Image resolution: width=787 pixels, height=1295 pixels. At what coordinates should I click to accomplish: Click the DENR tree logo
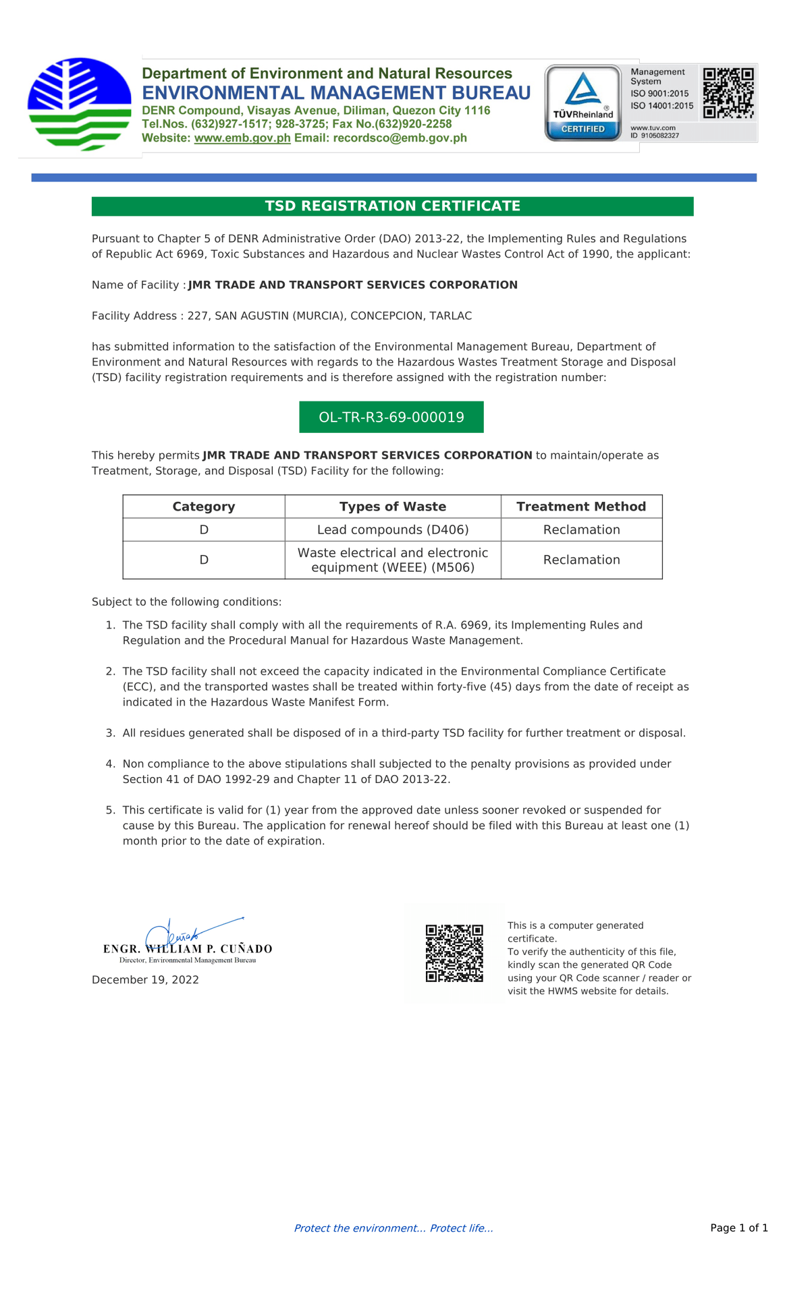pyautogui.click(x=80, y=104)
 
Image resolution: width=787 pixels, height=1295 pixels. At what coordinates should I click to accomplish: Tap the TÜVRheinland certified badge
pyautogui.click(x=583, y=103)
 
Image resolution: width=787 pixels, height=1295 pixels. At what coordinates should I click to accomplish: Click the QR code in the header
pyautogui.click(x=728, y=92)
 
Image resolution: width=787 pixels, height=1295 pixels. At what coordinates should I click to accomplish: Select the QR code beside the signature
pyautogui.click(x=454, y=953)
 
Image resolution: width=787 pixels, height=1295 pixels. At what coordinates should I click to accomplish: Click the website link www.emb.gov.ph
pyautogui.click(x=242, y=138)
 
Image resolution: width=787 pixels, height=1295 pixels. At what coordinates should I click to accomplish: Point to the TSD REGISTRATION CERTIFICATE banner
pyautogui.click(x=392, y=206)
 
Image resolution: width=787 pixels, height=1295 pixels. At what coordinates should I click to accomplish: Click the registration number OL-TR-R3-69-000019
pyautogui.click(x=391, y=418)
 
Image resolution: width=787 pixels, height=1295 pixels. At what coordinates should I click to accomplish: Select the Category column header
pyautogui.click(x=204, y=507)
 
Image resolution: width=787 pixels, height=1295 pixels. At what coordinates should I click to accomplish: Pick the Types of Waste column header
pyautogui.click(x=393, y=507)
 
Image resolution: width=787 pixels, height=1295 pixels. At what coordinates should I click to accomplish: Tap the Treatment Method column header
pyautogui.click(x=581, y=507)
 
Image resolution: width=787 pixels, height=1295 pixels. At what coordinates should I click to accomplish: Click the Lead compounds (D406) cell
pyautogui.click(x=393, y=529)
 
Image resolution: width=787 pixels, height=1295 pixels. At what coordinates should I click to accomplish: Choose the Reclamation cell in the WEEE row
pyautogui.click(x=581, y=560)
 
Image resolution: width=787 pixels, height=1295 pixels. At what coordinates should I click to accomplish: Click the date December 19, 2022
pyautogui.click(x=145, y=980)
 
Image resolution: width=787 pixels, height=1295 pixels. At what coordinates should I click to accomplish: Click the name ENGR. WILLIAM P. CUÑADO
pyautogui.click(x=188, y=949)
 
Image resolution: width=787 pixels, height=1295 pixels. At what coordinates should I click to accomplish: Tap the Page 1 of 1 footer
pyautogui.click(x=739, y=1228)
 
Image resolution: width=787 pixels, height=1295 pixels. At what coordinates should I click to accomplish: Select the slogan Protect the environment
pyautogui.click(x=394, y=1228)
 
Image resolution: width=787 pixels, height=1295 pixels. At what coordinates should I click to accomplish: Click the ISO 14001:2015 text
pyautogui.click(x=661, y=106)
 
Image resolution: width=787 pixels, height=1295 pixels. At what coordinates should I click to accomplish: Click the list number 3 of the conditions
pyautogui.click(x=111, y=733)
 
